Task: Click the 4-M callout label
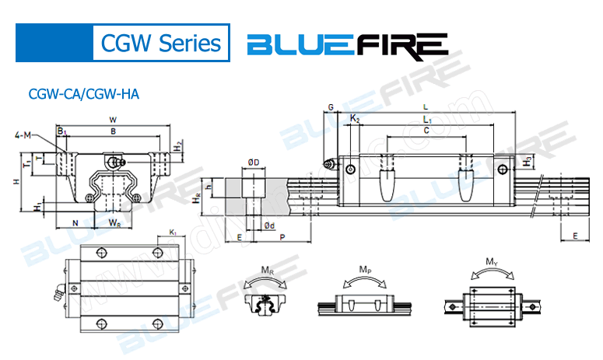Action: pyautogui.click(x=23, y=136)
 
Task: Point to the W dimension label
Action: pyautogui.click(x=114, y=120)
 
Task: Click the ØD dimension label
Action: pyautogui.click(x=254, y=162)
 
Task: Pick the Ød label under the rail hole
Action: pyautogui.click(x=268, y=225)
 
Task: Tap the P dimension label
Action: pyautogui.click(x=282, y=236)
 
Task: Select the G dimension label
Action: pyautogui.click(x=331, y=107)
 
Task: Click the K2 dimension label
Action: pyautogui.click(x=355, y=119)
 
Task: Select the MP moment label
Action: pyautogui.click(x=364, y=269)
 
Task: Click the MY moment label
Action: pyautogui.click(x=493, y=263)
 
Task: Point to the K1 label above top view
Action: pyautogui.click(x=173, y=232)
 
